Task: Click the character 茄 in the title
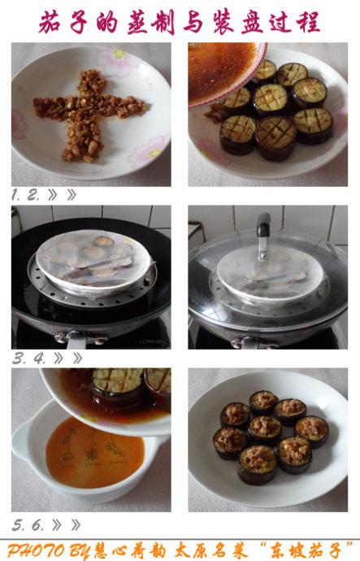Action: pyautogui.click(x=50, y=22)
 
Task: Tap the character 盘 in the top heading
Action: pyautogui.click(x=252, y=22)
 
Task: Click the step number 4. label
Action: pyautogui.click(x=40, y=358)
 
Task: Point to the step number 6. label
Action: pyautogui.click(x=37, y=525)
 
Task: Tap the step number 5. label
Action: pyautogui.click(x=19, y=525)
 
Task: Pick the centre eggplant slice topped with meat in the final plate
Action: pyautogui.click(x=265, y=428)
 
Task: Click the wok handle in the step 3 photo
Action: pyautogui.click(x=77, y=341)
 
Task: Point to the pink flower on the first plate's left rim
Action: pyautogui.click(x=19, y=124)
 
